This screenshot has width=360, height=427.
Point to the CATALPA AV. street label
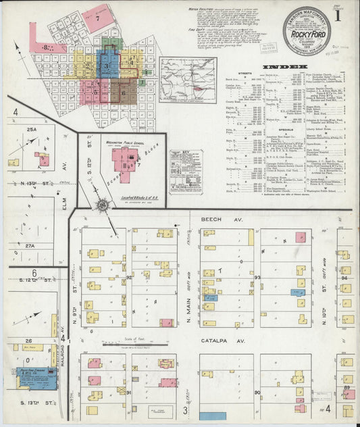(x=216, y=342)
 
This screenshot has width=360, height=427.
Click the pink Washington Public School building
(x=125, y=160)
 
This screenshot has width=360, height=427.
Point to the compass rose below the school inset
(x=103, y=205)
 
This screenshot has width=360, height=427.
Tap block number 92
(x=128, y=276)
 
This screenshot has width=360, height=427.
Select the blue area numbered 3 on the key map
(x=106, y=66)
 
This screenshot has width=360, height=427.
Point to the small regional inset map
(x=188, y=80)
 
